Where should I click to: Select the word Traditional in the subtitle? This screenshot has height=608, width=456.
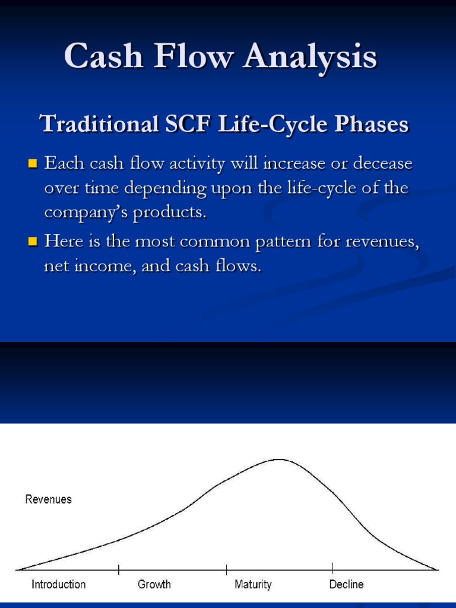point(99,125)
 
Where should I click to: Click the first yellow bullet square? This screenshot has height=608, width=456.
point(33,163)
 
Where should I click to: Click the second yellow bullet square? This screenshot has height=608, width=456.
point(33,241)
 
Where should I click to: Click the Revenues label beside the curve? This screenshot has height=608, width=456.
point(48,499)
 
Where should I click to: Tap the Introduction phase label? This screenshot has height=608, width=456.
point(58,584)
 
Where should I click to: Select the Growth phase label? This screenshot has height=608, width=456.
point(154,584)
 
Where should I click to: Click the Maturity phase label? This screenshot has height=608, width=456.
point(253,584)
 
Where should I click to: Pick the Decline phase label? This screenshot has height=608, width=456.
point(346,584)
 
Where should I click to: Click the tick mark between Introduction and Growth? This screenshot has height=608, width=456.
point(119,569)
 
